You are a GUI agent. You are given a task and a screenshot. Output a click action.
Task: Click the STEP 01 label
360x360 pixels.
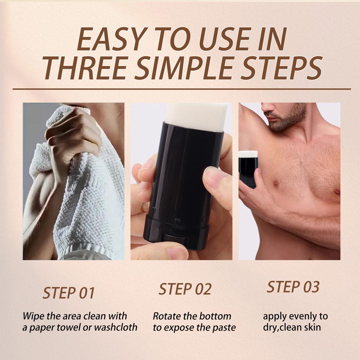69,293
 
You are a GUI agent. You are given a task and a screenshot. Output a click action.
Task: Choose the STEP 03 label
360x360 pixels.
293,287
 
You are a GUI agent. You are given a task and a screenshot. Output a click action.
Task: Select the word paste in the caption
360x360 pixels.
223,328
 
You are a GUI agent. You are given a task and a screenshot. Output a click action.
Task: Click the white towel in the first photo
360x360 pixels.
88,197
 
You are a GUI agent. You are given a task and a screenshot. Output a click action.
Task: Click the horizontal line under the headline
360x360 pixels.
181,89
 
